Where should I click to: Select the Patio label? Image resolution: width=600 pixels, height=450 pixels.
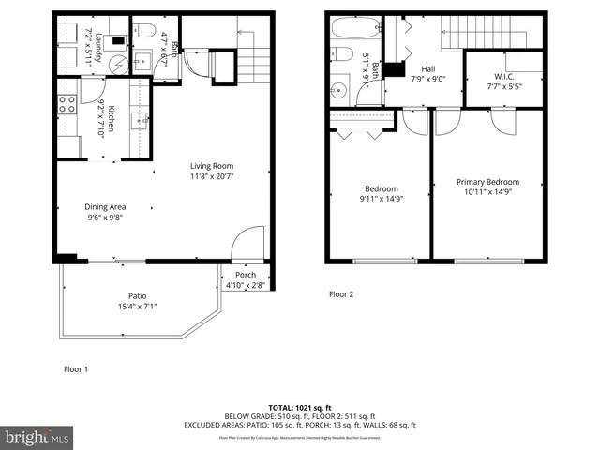(x=138, y=295)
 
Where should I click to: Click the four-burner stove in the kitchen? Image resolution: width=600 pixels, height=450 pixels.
(x=67, y=105)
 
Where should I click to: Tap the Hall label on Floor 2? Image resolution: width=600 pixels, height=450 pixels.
(x=428, y=68)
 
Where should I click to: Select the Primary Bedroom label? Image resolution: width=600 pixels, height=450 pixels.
(x=487, y=182)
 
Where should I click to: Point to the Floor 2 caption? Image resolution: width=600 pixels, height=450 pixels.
(x=341, y=293)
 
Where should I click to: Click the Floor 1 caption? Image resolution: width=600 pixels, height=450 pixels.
(x=75, y=368)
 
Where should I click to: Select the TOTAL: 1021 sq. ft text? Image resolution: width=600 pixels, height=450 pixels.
(x=299, y=408)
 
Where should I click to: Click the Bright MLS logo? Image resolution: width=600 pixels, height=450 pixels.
(x=37, y=437)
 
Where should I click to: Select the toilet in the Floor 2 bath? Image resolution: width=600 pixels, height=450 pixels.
(x=340, y=55)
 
